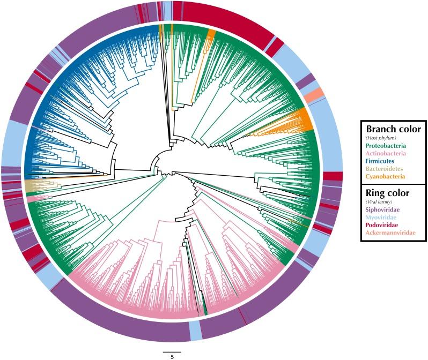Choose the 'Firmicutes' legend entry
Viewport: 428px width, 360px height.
tap(382, 161)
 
